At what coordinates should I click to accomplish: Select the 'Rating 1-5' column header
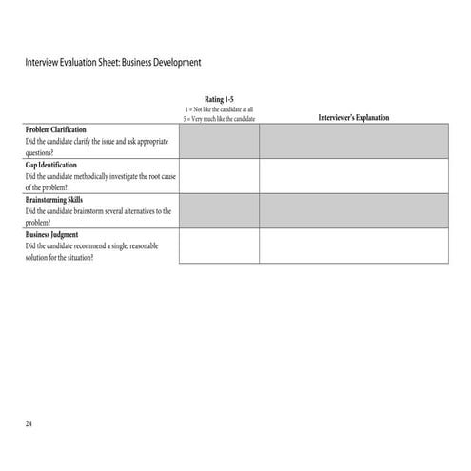219,99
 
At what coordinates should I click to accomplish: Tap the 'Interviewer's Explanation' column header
353,118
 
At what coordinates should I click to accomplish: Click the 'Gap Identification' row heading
51,165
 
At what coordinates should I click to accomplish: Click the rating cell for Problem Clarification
219,141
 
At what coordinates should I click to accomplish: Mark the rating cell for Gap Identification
219,176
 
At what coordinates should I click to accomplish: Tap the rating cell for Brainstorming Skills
219,211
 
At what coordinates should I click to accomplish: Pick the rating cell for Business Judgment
219,245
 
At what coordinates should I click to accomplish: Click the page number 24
29,422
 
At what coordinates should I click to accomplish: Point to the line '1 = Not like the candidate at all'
219,109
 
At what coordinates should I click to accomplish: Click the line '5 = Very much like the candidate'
219,118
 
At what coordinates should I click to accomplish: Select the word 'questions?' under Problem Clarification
41,152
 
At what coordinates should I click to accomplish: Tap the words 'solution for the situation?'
59,257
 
